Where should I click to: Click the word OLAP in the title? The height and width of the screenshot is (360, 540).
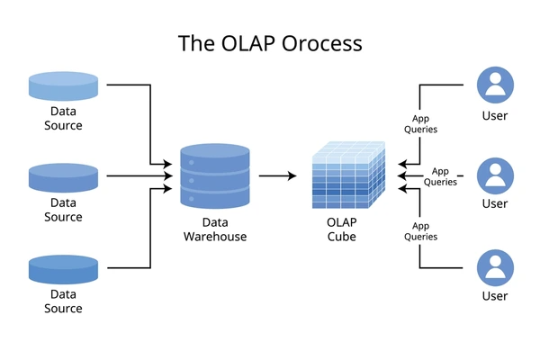248,43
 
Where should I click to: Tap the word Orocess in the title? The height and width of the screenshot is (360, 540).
322,43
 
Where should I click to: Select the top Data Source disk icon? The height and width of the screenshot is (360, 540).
63,86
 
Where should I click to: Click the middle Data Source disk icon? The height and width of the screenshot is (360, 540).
63,178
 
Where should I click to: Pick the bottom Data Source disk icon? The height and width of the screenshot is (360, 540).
63,269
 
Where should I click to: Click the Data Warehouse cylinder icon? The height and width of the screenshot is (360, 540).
215,176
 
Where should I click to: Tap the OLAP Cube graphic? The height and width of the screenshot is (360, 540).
348,175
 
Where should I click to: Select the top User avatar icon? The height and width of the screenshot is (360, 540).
495,85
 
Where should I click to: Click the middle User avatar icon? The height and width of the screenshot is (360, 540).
495,176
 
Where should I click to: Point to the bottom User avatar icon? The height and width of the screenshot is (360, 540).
495,268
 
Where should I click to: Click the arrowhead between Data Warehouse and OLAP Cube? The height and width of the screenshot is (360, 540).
292,176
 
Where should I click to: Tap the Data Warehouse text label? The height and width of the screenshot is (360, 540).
215,229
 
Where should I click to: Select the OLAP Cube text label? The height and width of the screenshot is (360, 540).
342,229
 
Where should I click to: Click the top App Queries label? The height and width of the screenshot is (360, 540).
421,124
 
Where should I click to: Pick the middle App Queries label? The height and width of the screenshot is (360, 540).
440,176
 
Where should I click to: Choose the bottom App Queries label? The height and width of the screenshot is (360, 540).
421,231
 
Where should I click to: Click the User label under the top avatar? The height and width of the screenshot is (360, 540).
495,116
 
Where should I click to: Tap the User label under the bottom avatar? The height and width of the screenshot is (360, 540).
495,296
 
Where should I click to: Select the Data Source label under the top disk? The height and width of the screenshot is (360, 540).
63,118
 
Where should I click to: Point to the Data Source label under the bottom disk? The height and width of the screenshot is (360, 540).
63,301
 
